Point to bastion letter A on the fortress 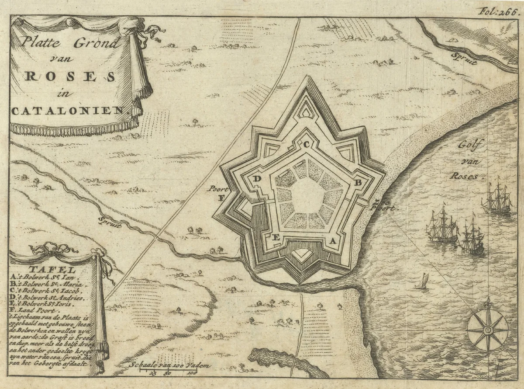pyautogui.click(x=333, y=240)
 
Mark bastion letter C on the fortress pyautogui.click(x=307, y=144)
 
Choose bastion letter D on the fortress pyautogui.click(x=258, y=179)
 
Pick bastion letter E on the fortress pyautogui.click(x=276, y=238)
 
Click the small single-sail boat pyautogui.click(x=422, y=281)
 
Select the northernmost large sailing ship pyautogui.click(x=497, y=199)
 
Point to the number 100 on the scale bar pyautogui.click(x=191, y=373)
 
